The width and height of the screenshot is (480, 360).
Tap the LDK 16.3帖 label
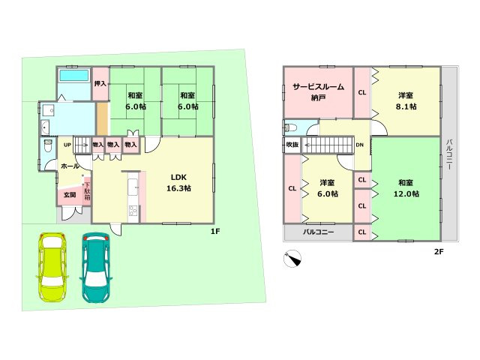pyautogui.click(x=178, y=183)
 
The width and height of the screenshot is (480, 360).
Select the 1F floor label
pyautogui.click(x=214, y=231)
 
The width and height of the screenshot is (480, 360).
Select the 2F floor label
pyautogui.click(x=439, y=251)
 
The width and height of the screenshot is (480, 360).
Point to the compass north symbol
pyautogui.click(x=292, y=259)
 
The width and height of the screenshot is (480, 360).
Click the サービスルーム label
pyautogui.click(x=318, y=88)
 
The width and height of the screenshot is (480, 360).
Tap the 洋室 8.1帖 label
pyautogui.click(x=406, y=101)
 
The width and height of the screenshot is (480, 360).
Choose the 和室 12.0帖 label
pyautogui.click(x=406, y=188)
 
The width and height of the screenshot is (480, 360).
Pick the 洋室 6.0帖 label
pyautogui.click(x=327, y=188)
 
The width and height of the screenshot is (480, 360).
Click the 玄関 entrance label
pyautogui.click(x=69, y=195)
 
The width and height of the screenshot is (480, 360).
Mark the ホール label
pyautogui.click(x=70, y=166)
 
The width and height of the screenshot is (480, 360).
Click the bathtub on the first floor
pyautogui.click(x=73, y=76)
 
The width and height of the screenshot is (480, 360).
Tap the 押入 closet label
pyautogui.click(x=100, y=85)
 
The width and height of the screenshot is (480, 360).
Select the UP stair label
pyautogui.click(x=67, y=145)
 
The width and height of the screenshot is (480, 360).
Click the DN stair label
pyautogui.click(x=360, y=145)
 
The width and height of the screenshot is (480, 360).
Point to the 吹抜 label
pyautogui.click(x=292, y=145)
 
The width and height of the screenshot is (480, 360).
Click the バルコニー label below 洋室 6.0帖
pyautogui.click(x=319, y=232)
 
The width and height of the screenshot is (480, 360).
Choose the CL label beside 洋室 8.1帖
pyautogui.click(x=362, y=93)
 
